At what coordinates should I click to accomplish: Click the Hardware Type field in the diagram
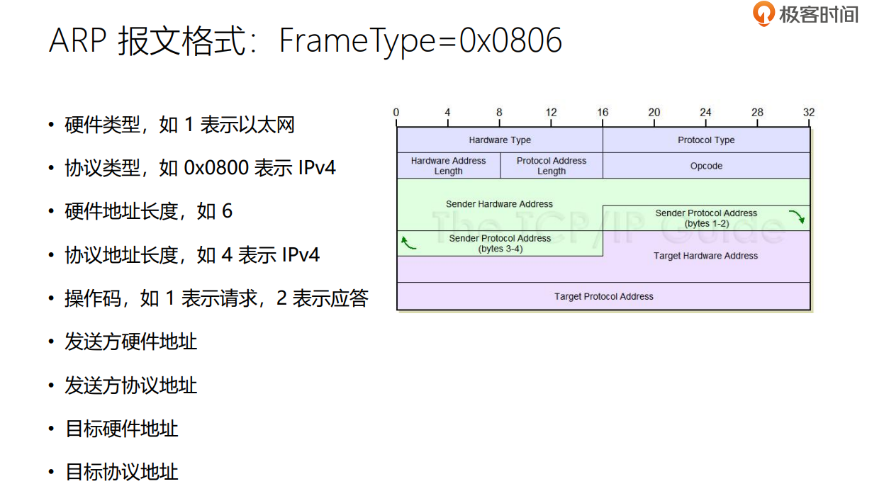tap(500, 140)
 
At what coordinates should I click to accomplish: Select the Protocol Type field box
tap(706, 140)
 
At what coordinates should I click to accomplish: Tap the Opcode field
tap(706, 166)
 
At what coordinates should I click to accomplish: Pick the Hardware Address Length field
tap(448, 166)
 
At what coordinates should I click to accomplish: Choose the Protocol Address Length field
tap(552, 166)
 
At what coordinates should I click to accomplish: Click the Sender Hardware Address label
tap(499, 204)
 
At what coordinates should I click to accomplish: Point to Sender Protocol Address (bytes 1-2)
tap(706, 218)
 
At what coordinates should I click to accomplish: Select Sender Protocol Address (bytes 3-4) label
tap(500, 244)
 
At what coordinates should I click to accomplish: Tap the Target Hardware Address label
tap(705, 256)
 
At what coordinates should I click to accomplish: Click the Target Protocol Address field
tap(603, 296)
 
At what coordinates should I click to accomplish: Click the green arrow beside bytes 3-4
tap(408, 244)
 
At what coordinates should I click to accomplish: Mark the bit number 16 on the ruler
tap(603, 113)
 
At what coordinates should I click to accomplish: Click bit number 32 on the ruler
tap(809, 113)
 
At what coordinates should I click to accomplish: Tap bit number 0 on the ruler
tap(396, 113)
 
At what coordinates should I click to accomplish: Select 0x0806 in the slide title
tap(510, 40)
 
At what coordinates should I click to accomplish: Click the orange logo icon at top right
tap(763, 13)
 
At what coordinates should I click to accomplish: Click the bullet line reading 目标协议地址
tap(121, 472)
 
